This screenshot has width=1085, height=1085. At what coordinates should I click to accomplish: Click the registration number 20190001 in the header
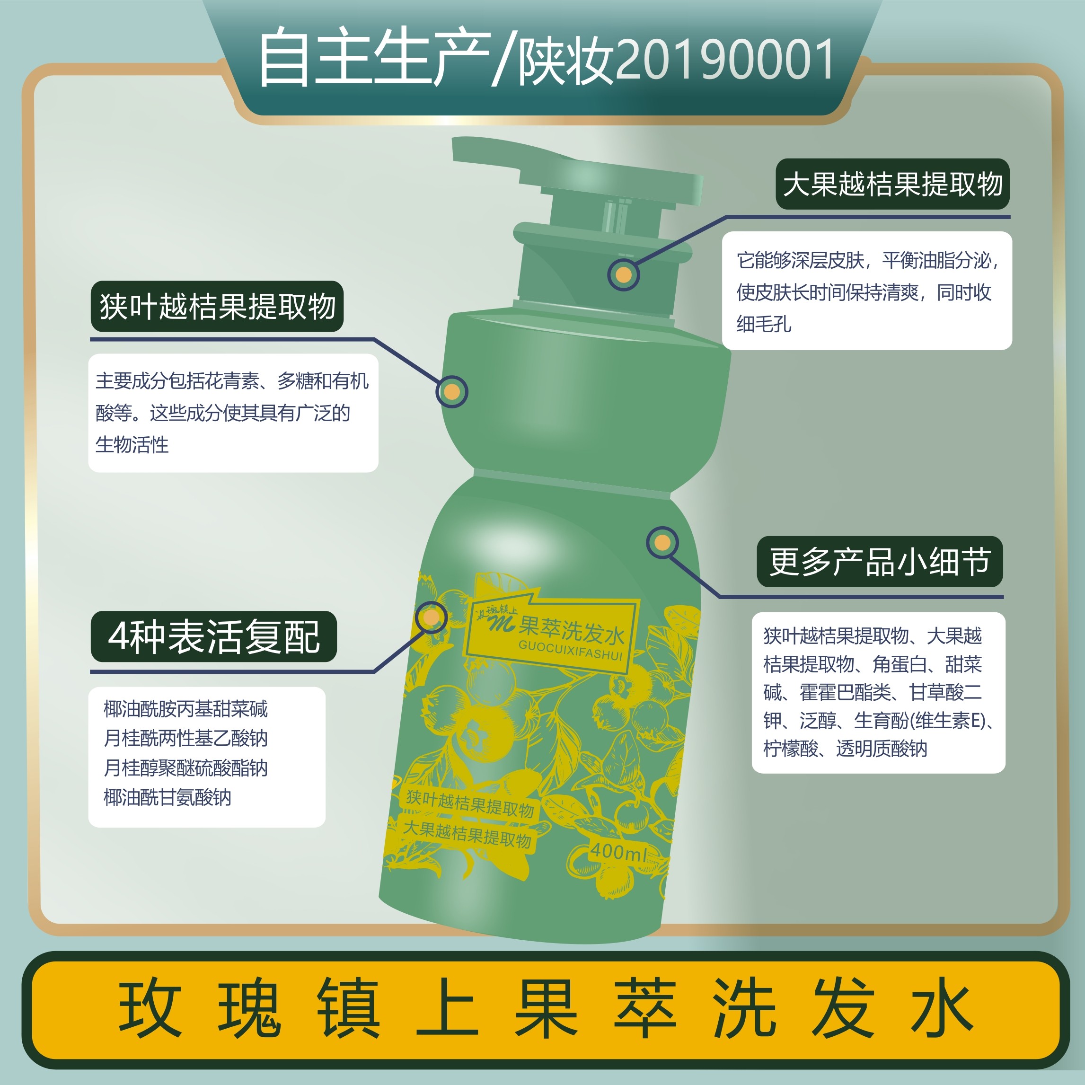point(724,60)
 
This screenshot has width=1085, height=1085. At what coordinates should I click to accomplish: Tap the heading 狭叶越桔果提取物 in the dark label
point(217,307)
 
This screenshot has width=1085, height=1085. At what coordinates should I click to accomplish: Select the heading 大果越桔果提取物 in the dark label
point(892,184)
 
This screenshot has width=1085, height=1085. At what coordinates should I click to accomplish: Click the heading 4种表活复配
point(213,637)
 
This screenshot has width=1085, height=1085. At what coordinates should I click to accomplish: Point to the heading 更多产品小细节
point(880,562)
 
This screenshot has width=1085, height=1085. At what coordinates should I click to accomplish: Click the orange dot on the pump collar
point(623,275)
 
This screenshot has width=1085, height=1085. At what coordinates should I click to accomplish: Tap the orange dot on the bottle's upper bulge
point(451,391)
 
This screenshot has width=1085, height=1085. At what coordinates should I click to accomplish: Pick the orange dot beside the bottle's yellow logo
point(432,617)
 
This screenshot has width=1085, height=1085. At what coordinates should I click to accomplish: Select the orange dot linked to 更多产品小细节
point(662,542)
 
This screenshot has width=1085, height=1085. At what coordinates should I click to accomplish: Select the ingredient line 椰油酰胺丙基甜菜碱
point(186,709)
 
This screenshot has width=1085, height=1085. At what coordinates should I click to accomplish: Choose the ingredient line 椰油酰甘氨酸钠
point(168,797)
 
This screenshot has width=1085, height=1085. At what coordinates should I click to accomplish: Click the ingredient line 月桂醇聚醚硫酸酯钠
point(186,767)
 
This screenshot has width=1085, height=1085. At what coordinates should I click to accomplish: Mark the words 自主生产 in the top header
point(373,59)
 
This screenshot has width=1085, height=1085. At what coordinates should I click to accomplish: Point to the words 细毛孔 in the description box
point(764,324)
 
